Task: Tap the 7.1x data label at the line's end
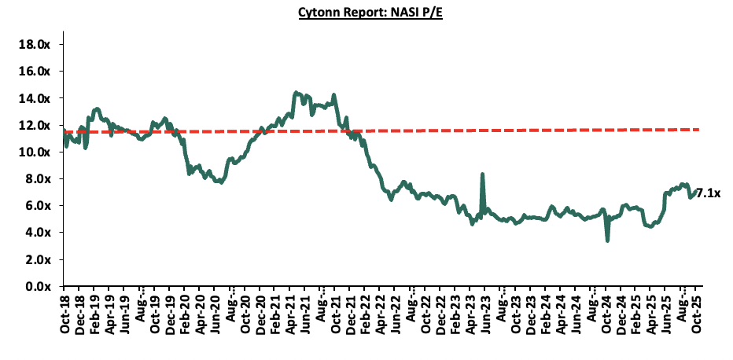(x=709, y=193)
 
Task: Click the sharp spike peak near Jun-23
(x=481, y=174)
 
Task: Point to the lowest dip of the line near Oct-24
(x=607, y=240)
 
